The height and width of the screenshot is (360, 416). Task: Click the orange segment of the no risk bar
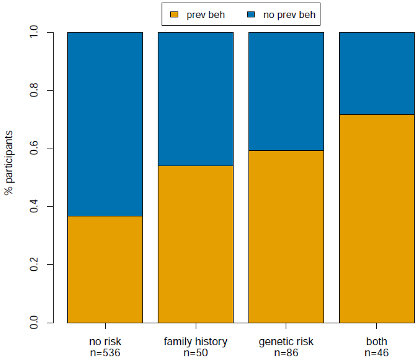coord(105,269)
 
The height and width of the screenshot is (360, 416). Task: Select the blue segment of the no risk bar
coord(105,124)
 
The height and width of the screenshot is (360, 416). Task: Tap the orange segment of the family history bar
coord(195,244)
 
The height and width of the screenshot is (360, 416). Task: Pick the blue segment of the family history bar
coord(195,99)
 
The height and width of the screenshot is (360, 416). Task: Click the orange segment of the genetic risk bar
coord(286,236)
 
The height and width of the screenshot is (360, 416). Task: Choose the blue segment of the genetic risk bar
coord(286,91)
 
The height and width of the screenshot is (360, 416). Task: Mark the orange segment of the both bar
coord(377,219)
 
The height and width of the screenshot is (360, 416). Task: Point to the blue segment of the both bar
coord(377,74)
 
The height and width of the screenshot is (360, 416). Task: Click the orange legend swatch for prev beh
coord(174,15)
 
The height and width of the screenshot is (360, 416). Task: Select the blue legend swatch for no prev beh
coord(251,15)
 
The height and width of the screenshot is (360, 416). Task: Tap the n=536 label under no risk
coord(105,353)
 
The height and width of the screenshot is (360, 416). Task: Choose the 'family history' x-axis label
coord(195,341)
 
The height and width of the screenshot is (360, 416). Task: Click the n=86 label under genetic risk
coord(286,353)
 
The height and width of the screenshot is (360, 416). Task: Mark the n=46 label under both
coord(377,353)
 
